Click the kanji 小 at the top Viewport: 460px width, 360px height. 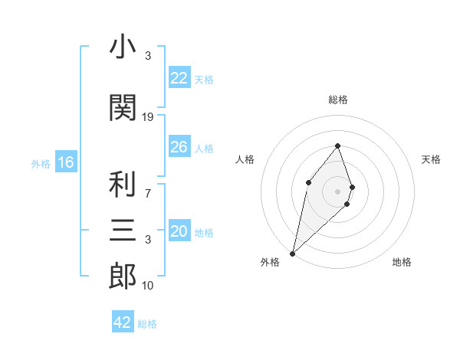tap(123, 48)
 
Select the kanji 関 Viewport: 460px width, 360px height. tap(123, 108)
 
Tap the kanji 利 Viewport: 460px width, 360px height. tap(123, 184)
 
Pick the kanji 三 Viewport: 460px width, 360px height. tap(123, 230)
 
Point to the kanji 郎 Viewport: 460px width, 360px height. tap(123, 276)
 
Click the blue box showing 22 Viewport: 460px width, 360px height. tap(179, 78)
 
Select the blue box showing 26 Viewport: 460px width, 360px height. tap(179, 147)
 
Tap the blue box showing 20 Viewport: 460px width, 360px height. tap(179, 232)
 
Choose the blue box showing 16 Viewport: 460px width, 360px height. tap(65, 162)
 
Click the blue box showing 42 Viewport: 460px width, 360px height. tap(123, 322)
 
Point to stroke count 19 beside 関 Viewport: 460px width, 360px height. tap(148, 117)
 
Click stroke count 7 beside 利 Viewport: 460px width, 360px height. tap(148, 193)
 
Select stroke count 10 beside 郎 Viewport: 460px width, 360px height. tap(148, 286)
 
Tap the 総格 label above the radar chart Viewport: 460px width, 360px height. tap(337, 100)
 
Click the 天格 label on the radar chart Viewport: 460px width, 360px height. tap(431, 159)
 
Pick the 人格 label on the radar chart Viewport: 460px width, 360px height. tap(245, 159)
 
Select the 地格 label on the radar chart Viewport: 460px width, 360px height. tap(402, 263)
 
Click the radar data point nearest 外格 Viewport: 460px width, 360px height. tap(292, 253)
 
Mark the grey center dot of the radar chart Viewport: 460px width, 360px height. tap(337, 191)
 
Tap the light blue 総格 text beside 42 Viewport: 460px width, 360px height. tap(147, 324)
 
